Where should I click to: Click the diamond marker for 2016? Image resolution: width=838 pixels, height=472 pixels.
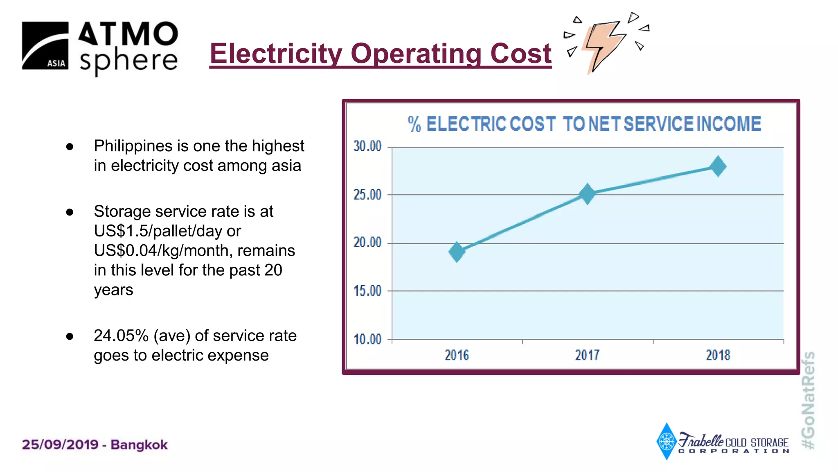457,252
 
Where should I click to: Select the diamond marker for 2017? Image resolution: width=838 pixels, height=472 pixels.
587,193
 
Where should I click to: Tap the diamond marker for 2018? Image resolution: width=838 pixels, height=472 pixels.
718,166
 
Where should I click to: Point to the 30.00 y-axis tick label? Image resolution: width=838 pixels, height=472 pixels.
367,146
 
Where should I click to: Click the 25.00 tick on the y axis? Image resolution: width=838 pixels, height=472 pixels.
367,194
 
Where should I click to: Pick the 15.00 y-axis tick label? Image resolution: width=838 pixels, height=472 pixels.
367,291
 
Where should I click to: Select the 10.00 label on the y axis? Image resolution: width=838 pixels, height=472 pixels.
367,339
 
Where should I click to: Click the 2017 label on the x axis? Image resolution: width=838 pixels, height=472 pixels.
587,355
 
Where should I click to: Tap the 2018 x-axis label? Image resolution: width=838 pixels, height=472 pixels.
718,355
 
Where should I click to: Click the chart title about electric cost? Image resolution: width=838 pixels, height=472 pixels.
584,124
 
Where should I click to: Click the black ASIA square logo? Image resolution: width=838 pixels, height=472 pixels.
45,45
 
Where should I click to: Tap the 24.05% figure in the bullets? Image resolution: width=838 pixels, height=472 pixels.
121,336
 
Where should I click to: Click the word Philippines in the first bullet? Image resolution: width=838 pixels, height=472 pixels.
133,146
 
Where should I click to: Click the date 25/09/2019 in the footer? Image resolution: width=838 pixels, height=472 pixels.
61,445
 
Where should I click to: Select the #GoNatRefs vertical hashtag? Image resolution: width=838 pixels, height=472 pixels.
808,400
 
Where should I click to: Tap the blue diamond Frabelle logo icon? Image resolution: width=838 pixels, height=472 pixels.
667,441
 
